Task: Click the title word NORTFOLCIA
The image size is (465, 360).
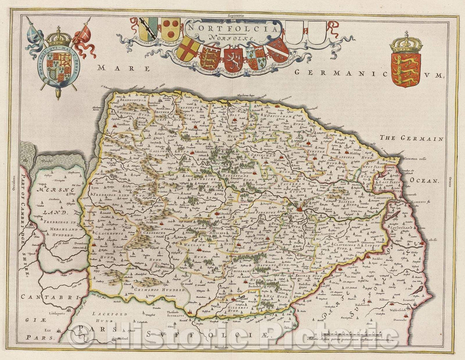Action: (x=233, y=29)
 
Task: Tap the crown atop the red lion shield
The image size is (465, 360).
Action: (x=406, y=42)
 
